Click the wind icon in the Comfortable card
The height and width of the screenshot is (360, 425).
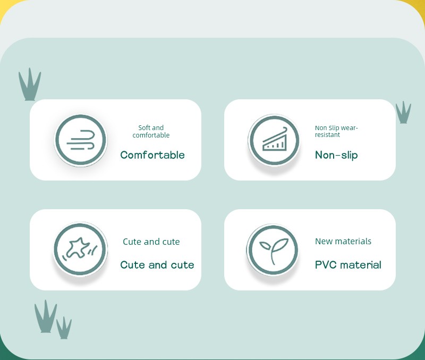(81, 140)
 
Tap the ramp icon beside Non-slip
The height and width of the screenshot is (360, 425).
(274, 140)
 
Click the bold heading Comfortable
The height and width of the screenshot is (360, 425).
(152, 155)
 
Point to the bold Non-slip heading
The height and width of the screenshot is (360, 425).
(336, 155)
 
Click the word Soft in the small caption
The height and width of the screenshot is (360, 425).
(143, 127)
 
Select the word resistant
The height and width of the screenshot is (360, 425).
(327, 135)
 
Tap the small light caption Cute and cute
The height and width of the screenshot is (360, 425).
(151, 242)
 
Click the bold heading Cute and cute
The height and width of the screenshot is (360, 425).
(157, 264)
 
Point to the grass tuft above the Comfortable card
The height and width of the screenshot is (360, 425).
(30, 84)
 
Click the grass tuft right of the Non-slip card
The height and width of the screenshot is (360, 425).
(403, 113)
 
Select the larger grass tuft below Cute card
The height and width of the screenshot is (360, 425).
(46, 316)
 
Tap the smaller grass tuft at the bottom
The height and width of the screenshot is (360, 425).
(64, 328)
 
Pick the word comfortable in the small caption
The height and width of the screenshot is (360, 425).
(151, 135)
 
